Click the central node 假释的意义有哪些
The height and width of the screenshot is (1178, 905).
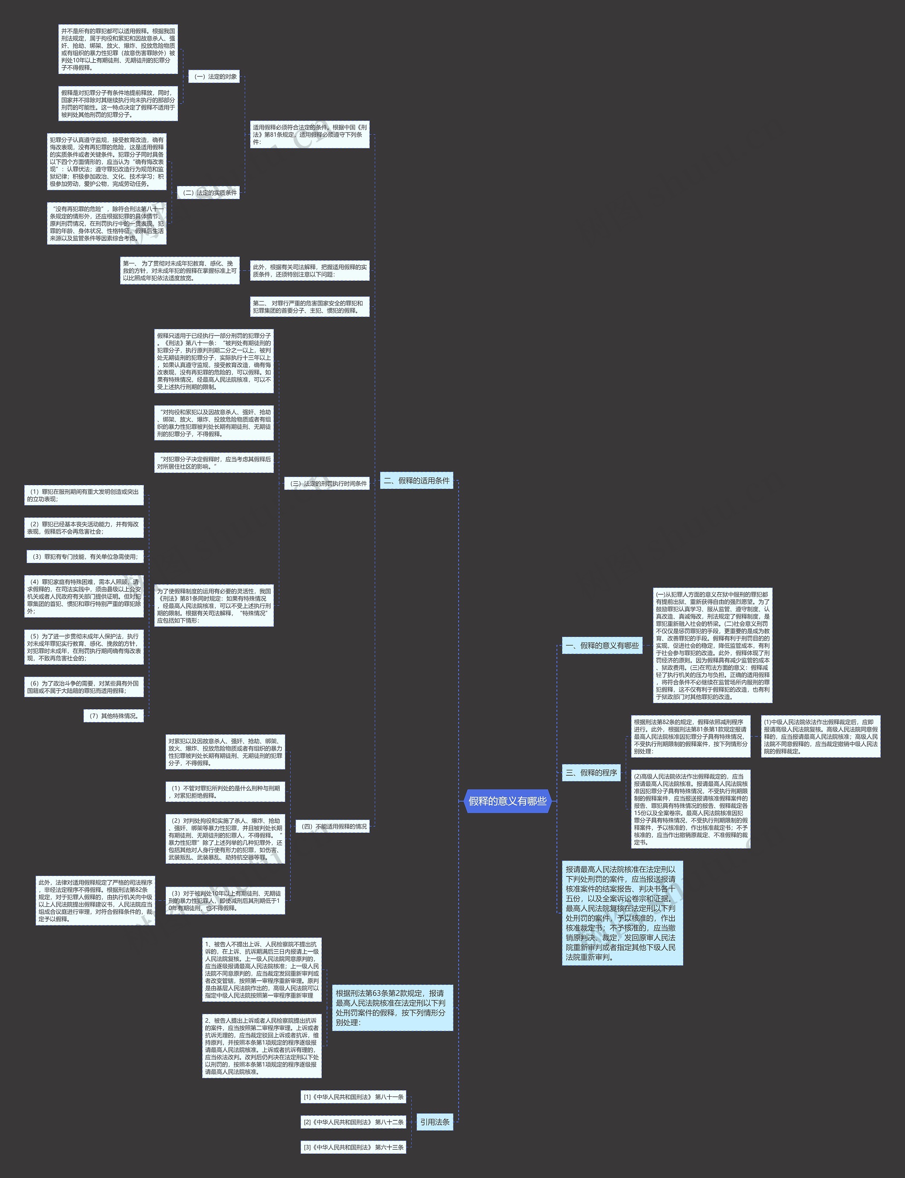tap(507, 801)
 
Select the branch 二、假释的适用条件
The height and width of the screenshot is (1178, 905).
tap(416, 480)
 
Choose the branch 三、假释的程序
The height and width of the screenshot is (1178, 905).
tap(591, 772)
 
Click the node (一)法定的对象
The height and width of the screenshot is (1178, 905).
tap(215, 76)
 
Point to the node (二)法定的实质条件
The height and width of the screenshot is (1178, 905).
tap(209, 192)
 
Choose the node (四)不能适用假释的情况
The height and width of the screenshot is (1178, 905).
tap(333, 826)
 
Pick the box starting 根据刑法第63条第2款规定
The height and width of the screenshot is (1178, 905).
tap(392, 1007)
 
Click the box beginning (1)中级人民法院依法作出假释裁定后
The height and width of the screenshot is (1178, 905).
tap(821, 736)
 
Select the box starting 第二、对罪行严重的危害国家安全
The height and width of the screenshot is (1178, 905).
tap(309, 307)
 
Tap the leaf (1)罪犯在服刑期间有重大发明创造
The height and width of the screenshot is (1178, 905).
tap(84, 495)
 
